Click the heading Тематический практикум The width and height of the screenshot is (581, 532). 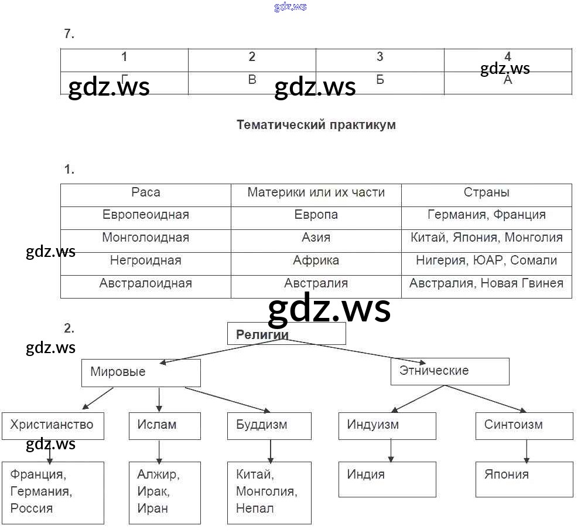point(316,125)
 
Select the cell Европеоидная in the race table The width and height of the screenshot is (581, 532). point(146,215)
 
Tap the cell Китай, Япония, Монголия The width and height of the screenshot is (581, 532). point(487,238)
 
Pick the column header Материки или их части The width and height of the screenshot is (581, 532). point(316,192)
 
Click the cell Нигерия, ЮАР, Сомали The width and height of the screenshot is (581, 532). point(487,260)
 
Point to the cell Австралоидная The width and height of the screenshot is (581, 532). point(146,283)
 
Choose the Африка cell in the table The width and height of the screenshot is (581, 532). point(316,260)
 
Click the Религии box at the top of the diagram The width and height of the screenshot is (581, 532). point(286,334)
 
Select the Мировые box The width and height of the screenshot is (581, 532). point(141,372)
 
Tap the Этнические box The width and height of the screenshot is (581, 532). point(450,371)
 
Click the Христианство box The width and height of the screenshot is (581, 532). point(53,425)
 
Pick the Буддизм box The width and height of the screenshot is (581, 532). point(269,425)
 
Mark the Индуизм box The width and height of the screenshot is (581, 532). point(387,425)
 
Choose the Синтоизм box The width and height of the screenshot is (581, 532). point(524,425)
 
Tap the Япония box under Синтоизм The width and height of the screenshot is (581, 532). point(524,479)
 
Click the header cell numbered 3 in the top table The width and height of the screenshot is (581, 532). point(380,57)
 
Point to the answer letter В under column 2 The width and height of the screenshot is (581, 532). point(252,80)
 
